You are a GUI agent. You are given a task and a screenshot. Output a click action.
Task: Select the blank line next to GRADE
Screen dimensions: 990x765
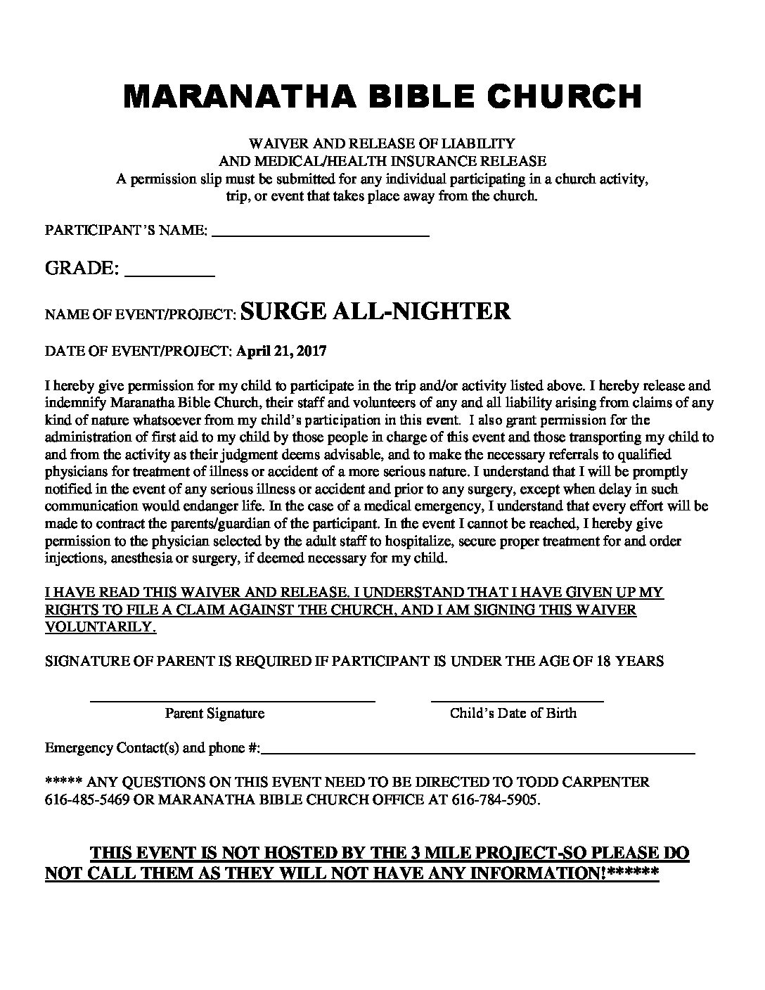[x=169, y=276]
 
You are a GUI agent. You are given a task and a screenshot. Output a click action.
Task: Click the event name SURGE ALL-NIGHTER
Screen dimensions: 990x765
[x=375, y=311]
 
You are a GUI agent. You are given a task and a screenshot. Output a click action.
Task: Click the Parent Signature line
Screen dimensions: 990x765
[x=232, y=700]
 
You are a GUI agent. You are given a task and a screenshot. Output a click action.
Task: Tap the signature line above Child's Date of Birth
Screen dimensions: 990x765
[x=517, y=700]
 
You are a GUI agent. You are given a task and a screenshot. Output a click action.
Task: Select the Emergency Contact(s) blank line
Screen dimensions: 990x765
[x=478, y=752]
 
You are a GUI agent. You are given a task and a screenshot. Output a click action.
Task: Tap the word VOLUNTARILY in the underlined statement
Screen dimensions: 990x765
[x=101, y=627]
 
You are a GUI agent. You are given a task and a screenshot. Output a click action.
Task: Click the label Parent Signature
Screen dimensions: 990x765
[x=214, y=714]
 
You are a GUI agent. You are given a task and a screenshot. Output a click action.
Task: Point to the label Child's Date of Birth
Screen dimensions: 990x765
[x=513, y=714]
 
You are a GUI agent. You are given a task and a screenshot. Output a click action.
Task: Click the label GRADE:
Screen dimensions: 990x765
[x=81, y=269]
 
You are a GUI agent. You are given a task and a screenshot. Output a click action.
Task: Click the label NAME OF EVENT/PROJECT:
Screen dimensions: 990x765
[x=139, y=315]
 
